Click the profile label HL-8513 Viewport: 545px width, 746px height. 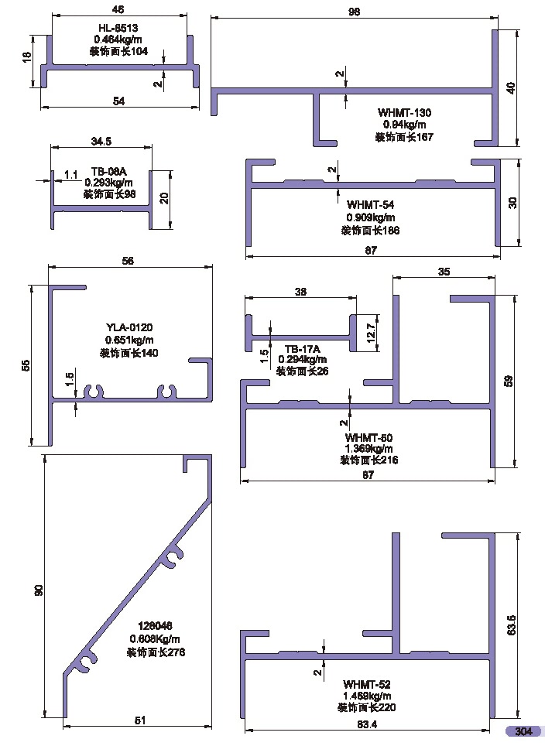(x=118, y=28)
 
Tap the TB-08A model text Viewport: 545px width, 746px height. (x=108, y=171)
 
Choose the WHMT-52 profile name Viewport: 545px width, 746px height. (x=367, y=684)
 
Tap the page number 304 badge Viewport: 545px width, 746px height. (x=523, y=731)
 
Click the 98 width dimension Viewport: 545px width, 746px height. (x=355, y=10)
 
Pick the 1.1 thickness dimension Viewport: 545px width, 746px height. (x=70, y=176)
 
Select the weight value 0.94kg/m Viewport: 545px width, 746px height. (x=404, y=124)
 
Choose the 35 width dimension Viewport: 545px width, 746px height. (x=444, y=272)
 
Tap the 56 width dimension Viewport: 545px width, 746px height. (x=129, y=262)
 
